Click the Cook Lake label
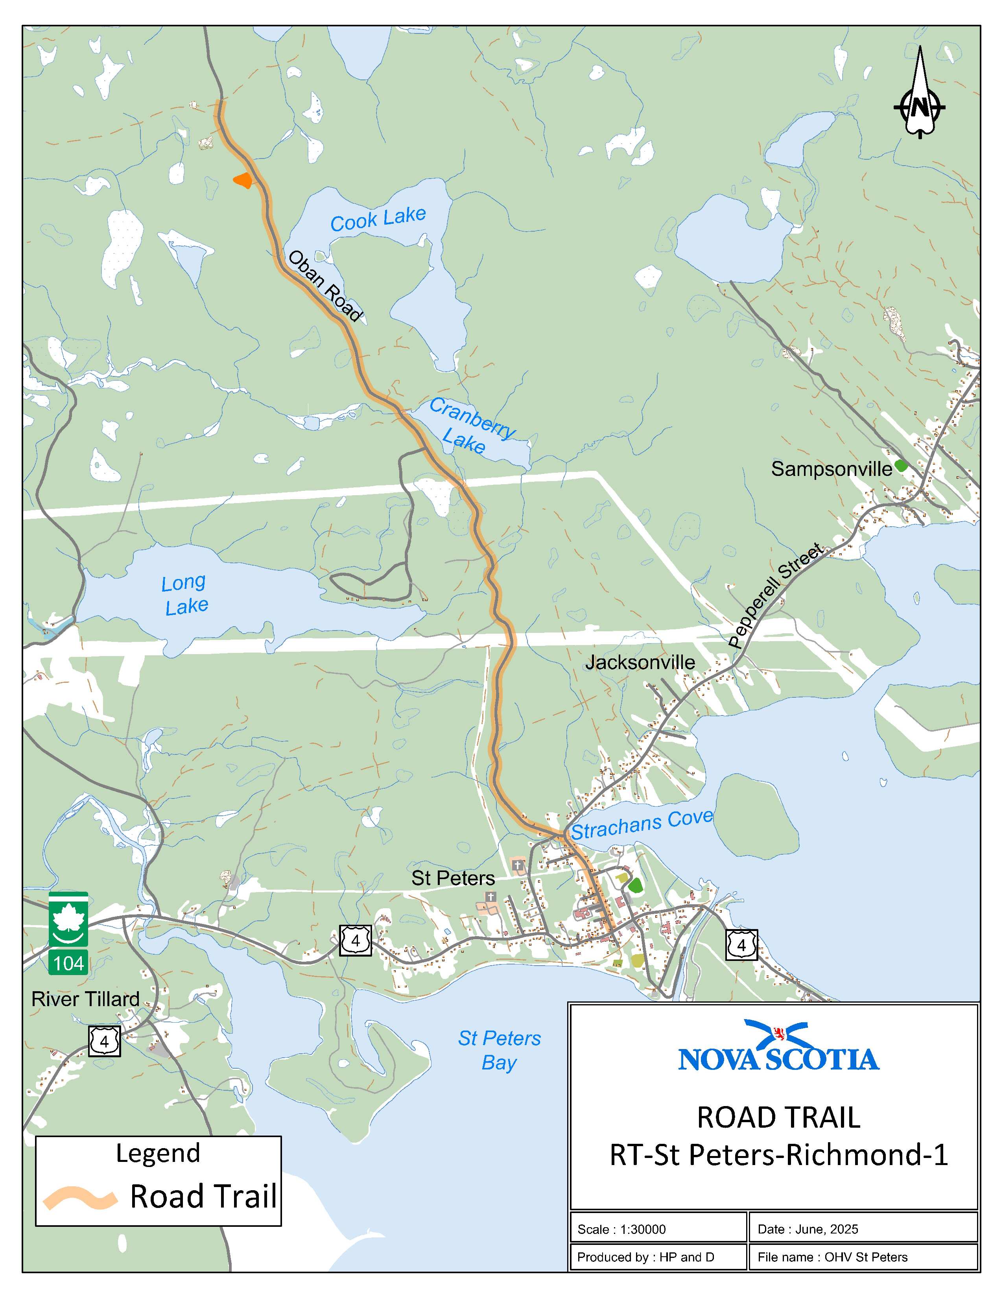378,219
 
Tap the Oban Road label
325,286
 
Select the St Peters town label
453,878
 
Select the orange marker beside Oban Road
243,180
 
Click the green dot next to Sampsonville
901,465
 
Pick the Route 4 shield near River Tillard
105,1041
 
